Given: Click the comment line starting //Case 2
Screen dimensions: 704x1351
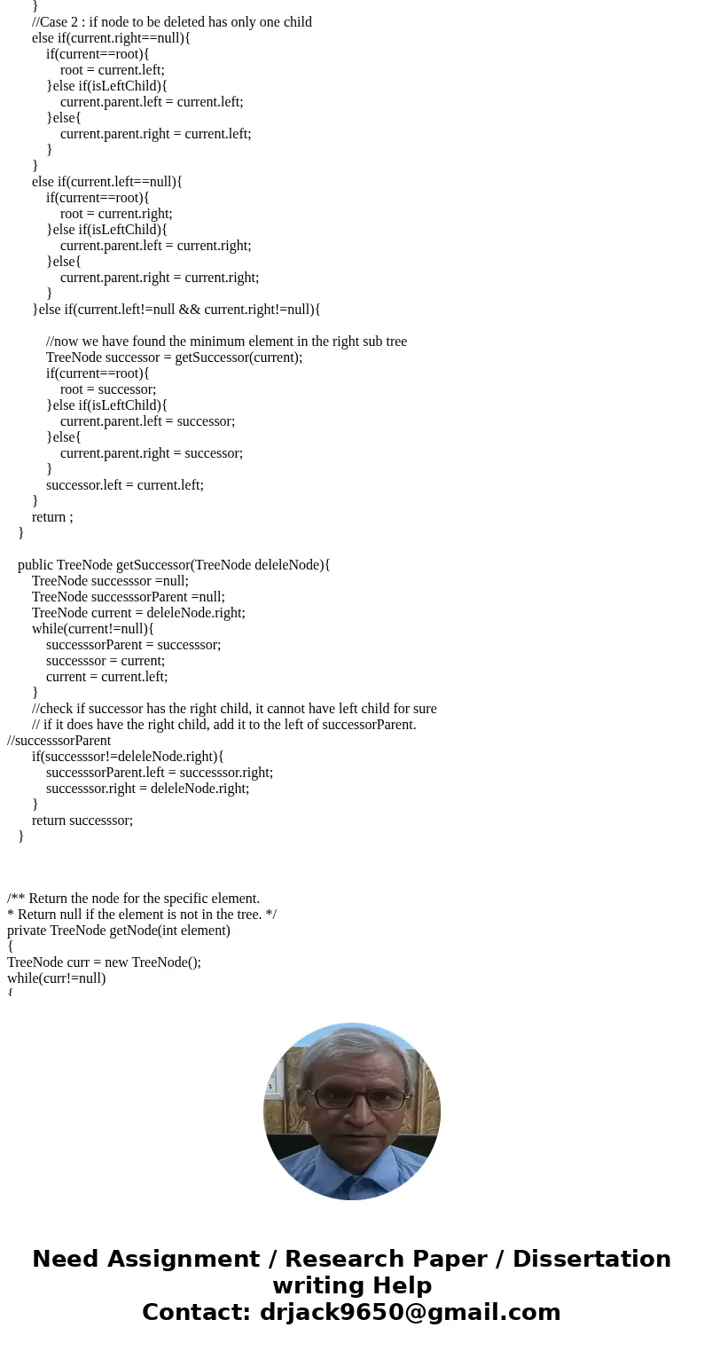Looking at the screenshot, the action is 171,22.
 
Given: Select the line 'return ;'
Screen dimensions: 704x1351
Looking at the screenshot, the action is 52,517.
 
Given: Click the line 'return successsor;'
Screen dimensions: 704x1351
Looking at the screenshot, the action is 82,821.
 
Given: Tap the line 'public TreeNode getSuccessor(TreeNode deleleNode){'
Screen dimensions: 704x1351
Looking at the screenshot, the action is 174,565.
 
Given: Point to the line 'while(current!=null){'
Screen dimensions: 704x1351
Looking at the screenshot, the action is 93,629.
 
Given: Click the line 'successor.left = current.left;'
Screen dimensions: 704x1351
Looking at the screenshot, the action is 125,485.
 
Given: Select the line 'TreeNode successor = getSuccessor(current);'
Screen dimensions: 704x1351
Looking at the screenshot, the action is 174,357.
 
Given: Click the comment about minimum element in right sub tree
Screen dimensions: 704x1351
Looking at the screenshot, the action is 226,342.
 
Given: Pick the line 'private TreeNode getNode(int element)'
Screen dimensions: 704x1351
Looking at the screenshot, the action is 119,931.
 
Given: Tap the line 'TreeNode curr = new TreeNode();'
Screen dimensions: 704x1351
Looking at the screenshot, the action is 104,962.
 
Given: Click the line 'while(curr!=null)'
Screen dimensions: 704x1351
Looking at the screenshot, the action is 56,978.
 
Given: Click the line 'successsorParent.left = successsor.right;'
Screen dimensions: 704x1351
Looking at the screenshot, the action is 160,773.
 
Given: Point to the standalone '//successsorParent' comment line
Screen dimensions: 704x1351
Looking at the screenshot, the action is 59,741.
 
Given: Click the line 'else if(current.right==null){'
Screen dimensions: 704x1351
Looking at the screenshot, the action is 111,38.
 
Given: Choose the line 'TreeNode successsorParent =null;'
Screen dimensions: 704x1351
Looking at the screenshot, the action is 129,597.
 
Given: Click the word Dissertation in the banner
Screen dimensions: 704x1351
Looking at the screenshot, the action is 591,1259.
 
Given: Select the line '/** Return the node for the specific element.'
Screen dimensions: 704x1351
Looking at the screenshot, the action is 133,899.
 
